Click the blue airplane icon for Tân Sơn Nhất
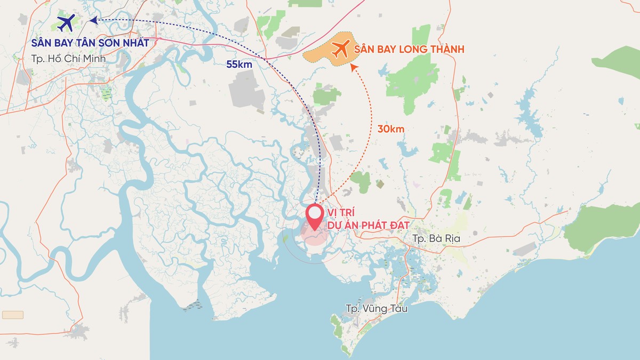click(66, 22)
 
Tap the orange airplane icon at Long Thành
click(340, 49)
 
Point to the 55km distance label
click(238, 63)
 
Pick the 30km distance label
click(391, 129)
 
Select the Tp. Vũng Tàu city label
click(377, 308)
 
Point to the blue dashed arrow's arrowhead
click(93, 20)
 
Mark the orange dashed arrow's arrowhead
click(353, 67)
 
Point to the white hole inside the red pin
click(315, 213)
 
